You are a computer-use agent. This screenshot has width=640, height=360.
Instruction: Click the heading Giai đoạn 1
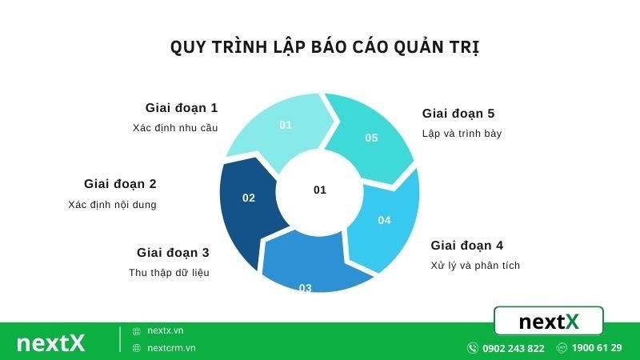182,108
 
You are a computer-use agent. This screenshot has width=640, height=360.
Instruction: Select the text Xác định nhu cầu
175,127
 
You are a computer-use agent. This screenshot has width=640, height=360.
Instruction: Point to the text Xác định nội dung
113,204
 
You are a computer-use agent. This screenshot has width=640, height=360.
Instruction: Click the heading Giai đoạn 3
173,253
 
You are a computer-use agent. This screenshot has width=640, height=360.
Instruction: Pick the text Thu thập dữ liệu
169,272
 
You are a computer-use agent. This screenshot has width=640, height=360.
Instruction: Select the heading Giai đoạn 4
467,246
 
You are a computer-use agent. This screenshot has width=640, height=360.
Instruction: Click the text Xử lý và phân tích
475,265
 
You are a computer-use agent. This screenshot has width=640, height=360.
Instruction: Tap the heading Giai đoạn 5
458,114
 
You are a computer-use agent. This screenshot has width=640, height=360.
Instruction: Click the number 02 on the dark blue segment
249,198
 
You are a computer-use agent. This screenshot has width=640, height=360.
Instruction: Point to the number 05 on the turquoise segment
371,138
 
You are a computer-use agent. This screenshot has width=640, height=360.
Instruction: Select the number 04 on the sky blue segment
384,220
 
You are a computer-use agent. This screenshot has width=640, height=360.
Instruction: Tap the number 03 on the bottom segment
305,288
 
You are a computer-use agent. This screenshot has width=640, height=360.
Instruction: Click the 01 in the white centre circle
320,190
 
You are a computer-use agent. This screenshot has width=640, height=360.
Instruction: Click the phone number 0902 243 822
513,348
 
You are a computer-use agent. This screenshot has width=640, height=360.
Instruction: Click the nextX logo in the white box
548,321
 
